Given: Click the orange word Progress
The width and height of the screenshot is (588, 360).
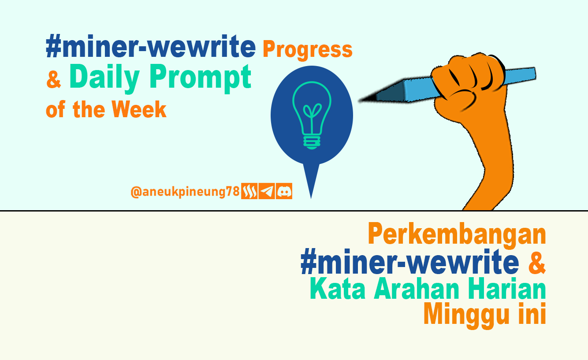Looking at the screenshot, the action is coord(307,50).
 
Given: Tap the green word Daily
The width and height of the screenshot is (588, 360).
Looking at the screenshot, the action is coord(104,78).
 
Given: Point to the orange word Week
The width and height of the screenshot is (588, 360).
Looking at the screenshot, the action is coord(139,109).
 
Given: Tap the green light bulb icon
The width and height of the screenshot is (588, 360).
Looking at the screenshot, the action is coord(312,115).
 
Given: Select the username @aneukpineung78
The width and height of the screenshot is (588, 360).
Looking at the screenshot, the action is coord(185,192).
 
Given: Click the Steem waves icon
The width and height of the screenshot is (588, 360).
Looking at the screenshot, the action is coord(249,191).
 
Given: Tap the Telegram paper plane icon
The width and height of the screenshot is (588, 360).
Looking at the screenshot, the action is coord(267,191).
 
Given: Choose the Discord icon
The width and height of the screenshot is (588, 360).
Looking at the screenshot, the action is coord(284,191).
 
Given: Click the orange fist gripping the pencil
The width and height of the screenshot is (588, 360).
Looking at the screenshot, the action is coord(469,84).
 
